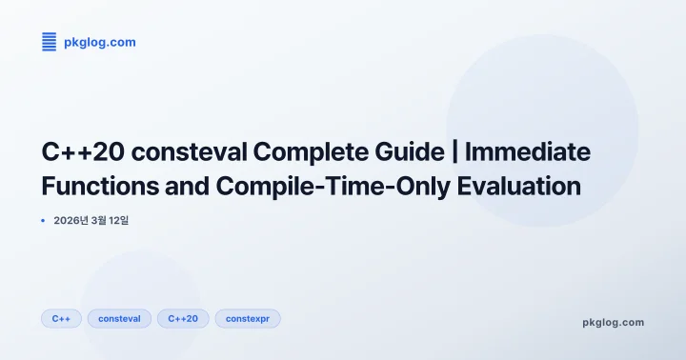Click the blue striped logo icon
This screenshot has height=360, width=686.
[x=50, y=42]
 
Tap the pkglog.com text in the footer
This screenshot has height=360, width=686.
[x=613, y=322]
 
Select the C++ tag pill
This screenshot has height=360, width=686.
[x=62, y=318]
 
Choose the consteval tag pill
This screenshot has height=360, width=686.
[x=119, y=318]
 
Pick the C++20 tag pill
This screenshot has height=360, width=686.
[x=183, y=318]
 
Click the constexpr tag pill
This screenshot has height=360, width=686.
[x=248, y=318]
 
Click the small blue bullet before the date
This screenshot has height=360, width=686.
[x=43, y=220]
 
